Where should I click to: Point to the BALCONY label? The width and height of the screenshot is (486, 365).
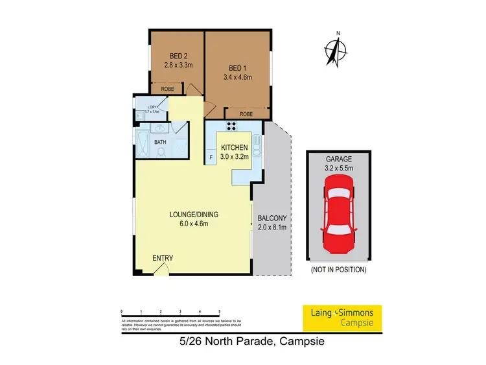click(272, 218)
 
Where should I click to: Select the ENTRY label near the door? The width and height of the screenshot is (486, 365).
click(163, 258)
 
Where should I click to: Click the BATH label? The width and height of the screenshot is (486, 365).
click(159, 143)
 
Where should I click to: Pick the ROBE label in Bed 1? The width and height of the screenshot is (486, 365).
click(246, 114)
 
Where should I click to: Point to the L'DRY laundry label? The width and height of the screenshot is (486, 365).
click(152, 106)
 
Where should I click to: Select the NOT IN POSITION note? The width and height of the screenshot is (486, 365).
click(339, 269)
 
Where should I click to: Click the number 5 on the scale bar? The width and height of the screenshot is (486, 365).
click(220, 312)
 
